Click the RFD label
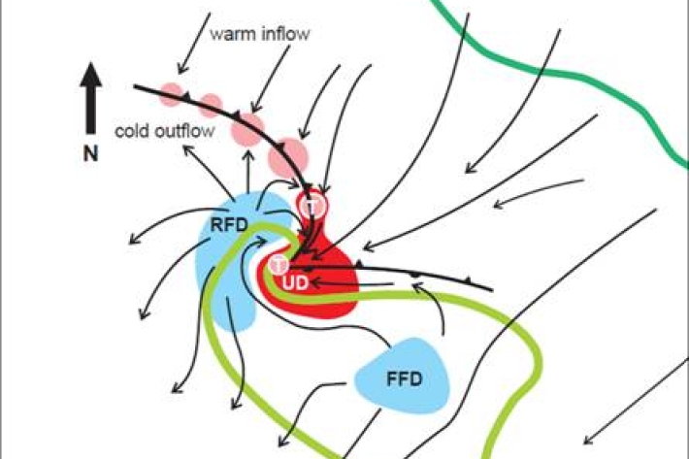(x=229, y=226)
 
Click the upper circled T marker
(x=312, y=206)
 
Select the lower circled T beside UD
(x=279, y=263)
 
